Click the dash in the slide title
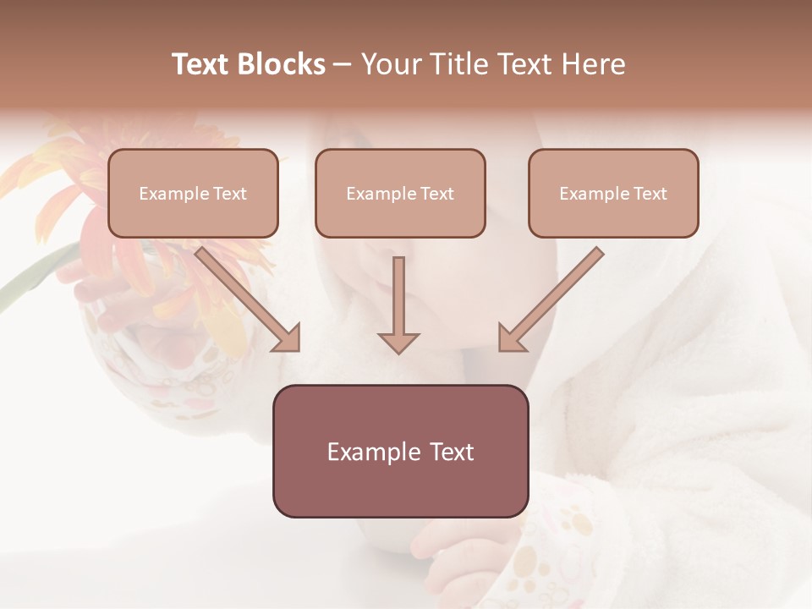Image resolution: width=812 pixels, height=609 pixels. click(343, 65)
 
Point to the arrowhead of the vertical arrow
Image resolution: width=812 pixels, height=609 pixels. click(398, 342)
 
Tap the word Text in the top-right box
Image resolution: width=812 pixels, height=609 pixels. click(650, 194)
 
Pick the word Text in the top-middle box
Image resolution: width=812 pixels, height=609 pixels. click(436, 194)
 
